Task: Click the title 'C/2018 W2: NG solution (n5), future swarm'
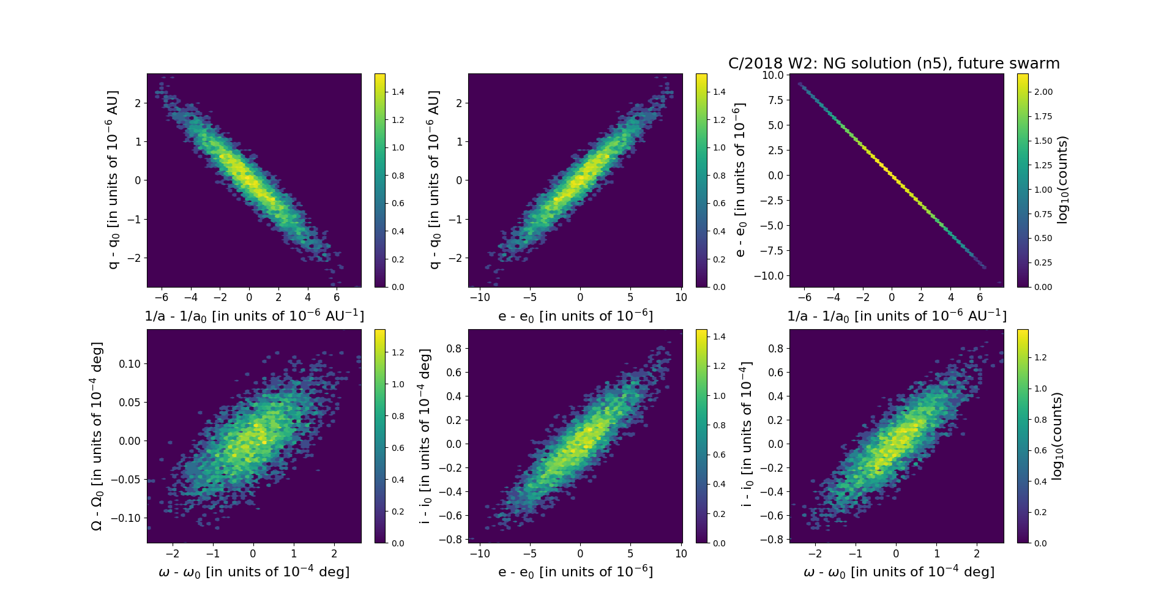coord(893,64)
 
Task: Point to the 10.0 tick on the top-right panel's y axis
coord(772,75)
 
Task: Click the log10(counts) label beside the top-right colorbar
coord(1062,180)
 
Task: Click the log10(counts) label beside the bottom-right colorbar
coord(1057,436)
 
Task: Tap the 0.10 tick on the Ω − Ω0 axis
coord(130,363)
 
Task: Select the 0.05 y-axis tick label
coord(130,402)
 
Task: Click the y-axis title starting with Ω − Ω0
coord(97,436)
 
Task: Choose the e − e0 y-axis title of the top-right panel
coord(740,180)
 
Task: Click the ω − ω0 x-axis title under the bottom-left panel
coord(254,571)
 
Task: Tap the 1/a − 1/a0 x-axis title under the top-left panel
coord(254,316)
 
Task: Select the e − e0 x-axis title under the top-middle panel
coord(575,316)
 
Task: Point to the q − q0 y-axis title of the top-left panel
coord(113,180)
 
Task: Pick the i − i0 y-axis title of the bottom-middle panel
coord(425,436)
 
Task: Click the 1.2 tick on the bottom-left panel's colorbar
coord(398,352)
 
